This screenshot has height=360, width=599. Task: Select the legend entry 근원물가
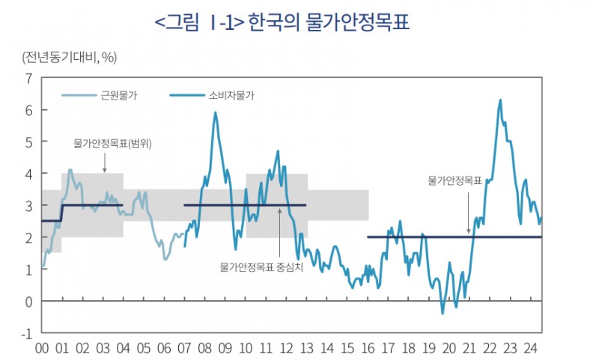pyautogui.click(x=119, y=95)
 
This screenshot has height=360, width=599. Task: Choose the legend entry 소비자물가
pyautogui.click(x=237, y=95)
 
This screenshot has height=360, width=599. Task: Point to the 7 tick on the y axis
pyautogui.click(x=28, y=78)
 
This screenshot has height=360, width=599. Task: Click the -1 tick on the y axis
pyautogui.click(x=26, y=333)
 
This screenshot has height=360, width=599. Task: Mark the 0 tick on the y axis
pyautogui.click(x=28, y=301)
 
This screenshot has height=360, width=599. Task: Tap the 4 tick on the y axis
pyautogui.click(x=28, y=174)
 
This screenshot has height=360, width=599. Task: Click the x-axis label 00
pyautogui.click(x=42, y=348)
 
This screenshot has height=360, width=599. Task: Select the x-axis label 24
pyautogui.click(x=531, y=348)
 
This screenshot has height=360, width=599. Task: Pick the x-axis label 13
pyautogui.click(x=307, y=348)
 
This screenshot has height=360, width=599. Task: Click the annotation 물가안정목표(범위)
pyautogui.click(x=113, y=144)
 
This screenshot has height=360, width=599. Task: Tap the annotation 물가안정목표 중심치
pyautogui.click(x=261, y=266)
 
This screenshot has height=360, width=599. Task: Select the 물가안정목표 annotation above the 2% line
pyautogui.click(x=454, y=180)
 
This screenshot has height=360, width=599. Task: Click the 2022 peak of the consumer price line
pyautogui.click(x=499, y=100)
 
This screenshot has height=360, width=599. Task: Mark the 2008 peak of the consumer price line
pyautogui.click(x=216, y=113)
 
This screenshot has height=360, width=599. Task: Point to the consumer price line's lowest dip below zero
pyautogui.click(x=443, y=313)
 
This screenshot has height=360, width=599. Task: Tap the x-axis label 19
pyautogui.click(x=429, y=348)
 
